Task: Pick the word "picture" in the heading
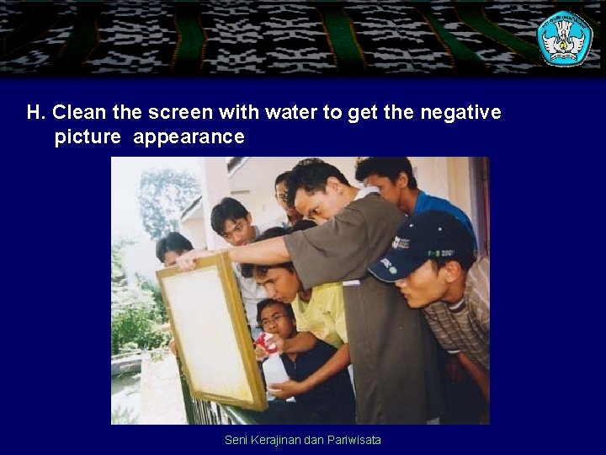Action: [88, 136]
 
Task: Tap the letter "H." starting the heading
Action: [35, 112]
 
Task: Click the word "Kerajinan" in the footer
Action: [277, 440]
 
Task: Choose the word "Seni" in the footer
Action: [237, 440]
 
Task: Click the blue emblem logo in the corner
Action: [564, 38]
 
